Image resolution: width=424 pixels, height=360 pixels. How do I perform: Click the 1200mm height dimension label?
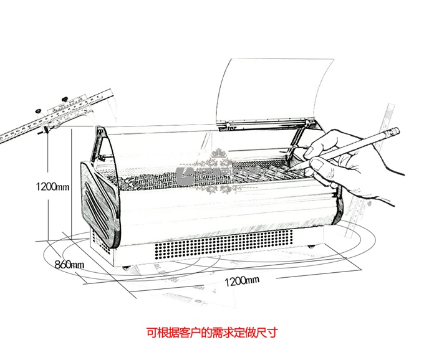coord(52,186)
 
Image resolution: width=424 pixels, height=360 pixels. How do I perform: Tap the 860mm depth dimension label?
coord(69,265)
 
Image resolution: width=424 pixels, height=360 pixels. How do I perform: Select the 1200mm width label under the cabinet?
coord(241,280)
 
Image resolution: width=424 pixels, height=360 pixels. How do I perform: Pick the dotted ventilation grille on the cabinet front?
coord(224,247)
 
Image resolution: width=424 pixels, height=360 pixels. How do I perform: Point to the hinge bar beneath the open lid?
coord(262,127)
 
